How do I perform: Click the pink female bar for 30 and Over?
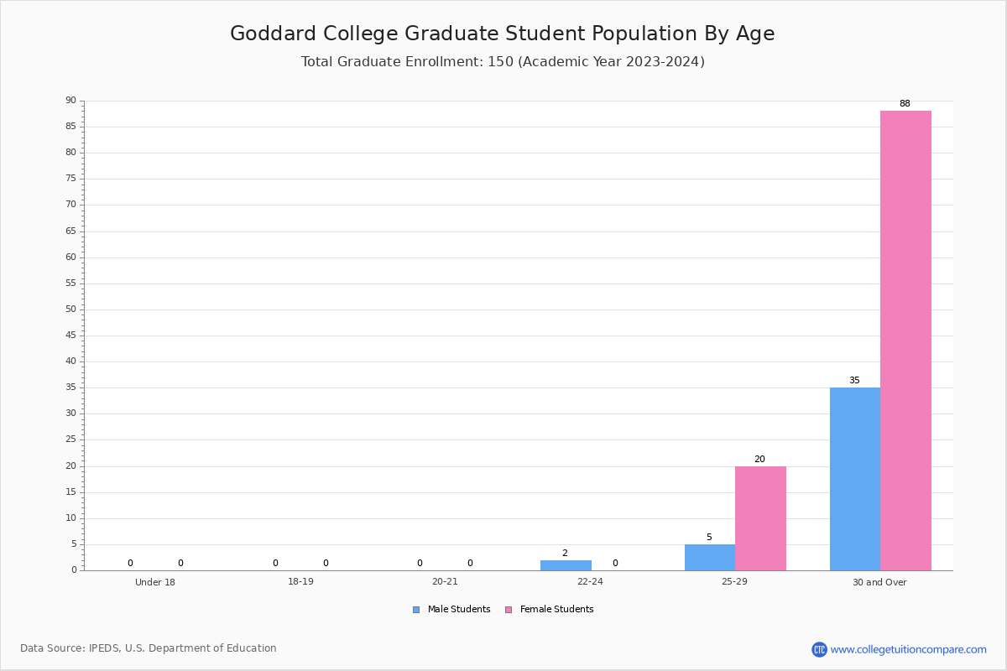905,341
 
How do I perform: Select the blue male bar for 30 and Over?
855,479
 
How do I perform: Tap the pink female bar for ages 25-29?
760,518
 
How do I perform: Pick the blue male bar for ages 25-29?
710,558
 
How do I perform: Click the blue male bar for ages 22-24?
566,565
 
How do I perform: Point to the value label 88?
905,103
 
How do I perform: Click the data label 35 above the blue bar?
854,380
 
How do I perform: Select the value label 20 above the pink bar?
759,459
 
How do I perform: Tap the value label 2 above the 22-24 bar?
565,553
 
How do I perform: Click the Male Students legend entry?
451,609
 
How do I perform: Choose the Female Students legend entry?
550,609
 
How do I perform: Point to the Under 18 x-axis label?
155,582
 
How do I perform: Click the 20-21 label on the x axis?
445,581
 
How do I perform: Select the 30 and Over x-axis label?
879,582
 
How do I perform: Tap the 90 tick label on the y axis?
71,100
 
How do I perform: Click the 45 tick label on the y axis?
71,335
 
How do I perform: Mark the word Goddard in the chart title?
273,34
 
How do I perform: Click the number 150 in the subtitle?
500,61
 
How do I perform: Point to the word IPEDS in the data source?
105,648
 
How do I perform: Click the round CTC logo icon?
819,649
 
